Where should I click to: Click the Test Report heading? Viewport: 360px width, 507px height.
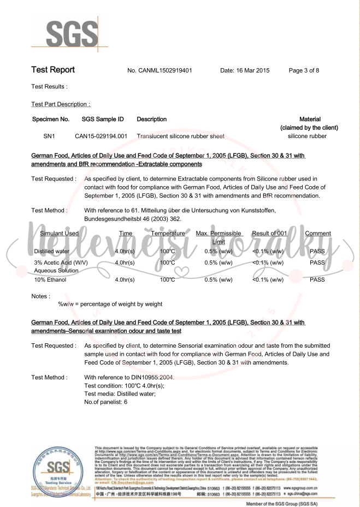[x=53, y=70]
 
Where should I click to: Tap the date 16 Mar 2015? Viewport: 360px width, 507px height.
[x=245, y=71]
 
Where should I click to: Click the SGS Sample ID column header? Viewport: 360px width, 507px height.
[x=103, y=119]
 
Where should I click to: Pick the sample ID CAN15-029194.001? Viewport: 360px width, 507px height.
[x=101, y=136]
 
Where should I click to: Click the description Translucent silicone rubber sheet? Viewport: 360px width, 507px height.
[x=180, y=136]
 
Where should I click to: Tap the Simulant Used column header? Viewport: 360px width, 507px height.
[x=60, y=234]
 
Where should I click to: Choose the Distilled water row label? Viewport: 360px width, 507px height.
[x=52, y=252]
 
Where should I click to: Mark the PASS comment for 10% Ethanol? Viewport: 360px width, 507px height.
[x=317, y=280]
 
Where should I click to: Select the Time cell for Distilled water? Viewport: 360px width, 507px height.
[x=125, y=252]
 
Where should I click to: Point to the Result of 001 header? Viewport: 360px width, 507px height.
[x=269, y=234]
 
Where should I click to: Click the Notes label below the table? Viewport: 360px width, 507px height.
[x=42, y=296]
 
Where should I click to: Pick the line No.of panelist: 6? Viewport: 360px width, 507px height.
[x=106, y=402]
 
